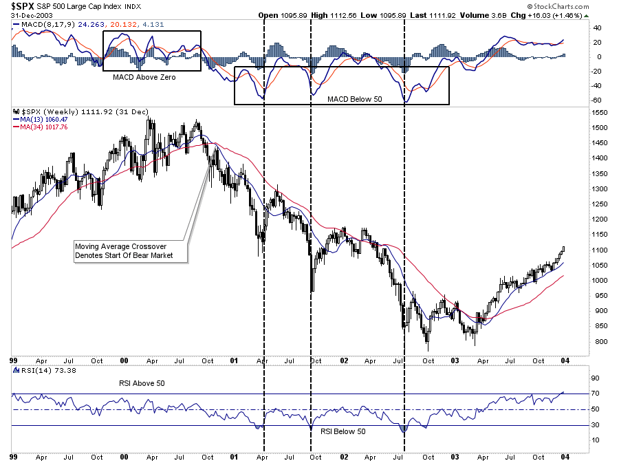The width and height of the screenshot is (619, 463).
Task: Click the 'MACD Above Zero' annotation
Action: click(144, 77)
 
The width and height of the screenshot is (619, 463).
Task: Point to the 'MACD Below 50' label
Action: click(354, 99)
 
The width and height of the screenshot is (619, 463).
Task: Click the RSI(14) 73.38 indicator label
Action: click(34, 370)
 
